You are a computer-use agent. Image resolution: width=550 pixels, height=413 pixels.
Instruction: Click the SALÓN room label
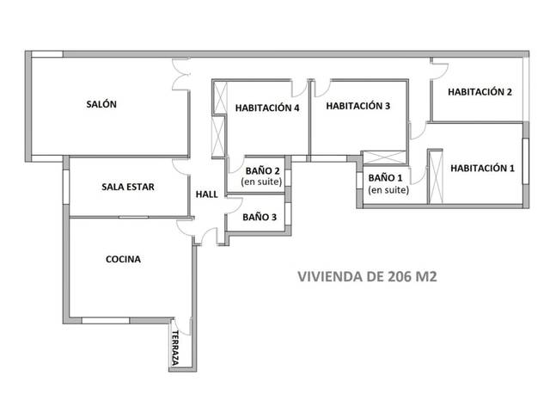[x=101, y=104]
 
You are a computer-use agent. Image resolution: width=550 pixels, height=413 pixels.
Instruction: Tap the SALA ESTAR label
[x=128, y=186]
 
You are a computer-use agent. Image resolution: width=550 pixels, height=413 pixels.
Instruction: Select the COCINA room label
[x=123, y=259]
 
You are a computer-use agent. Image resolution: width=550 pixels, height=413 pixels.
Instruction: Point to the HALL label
[x=207, y=194]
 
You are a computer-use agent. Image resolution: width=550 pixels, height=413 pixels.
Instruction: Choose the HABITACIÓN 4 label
[x=267, y=108]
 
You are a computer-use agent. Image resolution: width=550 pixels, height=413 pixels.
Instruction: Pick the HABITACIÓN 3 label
[x=358, y=107]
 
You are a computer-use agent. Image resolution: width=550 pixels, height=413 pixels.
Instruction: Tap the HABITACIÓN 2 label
[x=480, y=92]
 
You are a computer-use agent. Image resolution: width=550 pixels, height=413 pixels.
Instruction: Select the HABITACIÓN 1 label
[x=482, y=169]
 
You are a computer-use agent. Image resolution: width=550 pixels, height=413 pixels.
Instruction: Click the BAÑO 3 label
[x=259, y=218]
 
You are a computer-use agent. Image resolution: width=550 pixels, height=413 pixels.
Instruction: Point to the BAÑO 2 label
[x=262, y=171]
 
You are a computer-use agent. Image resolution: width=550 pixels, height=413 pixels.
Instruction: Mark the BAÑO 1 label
[x=382, y=178]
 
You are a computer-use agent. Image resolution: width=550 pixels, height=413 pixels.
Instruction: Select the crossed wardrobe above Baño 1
[x=383, y=157]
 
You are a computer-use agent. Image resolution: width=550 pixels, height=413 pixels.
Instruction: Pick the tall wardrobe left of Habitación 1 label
[x=435, y=177]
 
